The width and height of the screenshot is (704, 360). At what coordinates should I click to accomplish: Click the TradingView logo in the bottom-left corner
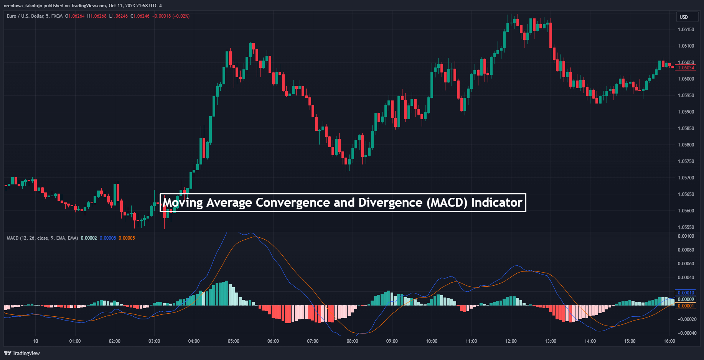pyautogui.click(x=22, y=353)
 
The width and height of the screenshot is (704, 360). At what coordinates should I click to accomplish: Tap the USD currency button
pyautogui.click(x=684, y=17)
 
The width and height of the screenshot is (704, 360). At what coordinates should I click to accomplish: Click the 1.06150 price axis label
pyautogui.click(x=686, y=30)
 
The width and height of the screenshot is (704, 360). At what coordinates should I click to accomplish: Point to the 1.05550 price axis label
pyautogui.click(x=686, y=227)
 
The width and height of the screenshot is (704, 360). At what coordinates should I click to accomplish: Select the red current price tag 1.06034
pyautogui.click(x=685, y=68)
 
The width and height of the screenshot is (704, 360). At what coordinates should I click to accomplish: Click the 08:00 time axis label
pyautogui.click(x=352, y=341)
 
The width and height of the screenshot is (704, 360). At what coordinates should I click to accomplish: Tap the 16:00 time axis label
pyautogui.click(x=669, y=341)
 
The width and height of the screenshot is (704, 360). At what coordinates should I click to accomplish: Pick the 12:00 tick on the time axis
pyautogui.click(x=511, y=341)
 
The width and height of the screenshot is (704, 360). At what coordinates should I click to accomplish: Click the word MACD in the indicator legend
pyautogui.click(x=12, y=238)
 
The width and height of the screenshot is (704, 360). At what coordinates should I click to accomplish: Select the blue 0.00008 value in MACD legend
pyautogui.click(x=108, y=238)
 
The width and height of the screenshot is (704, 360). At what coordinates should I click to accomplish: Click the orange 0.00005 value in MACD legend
pyautogui.click(x=127, y=238)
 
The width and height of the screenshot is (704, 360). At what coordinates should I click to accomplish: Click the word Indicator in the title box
pyautogui.click(x=496, y=202)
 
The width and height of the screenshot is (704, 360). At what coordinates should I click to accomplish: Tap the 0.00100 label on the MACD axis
pyautogui.click(x=686, y=236)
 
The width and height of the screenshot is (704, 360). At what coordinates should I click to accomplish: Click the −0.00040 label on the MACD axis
pyautogui.click(x=686, y=333)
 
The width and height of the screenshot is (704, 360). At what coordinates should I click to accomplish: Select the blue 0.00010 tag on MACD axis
pyautogui.click(x=686, y=293)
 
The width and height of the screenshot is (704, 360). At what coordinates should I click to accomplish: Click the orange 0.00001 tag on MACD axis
pyautogui.click(x=686, y=306)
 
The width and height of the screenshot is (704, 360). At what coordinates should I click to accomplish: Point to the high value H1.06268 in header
pyautogui.click(x=97, y=16)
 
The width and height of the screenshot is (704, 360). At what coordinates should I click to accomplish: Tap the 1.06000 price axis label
pyautogui.click(x=686, y=79)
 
